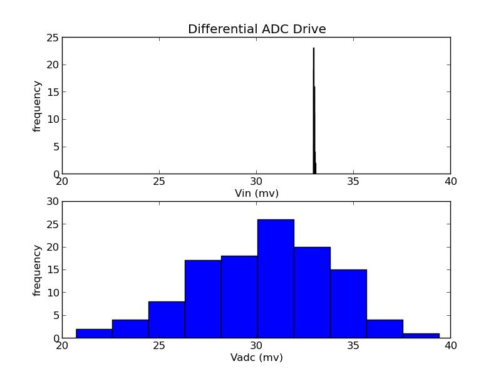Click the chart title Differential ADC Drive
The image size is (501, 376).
click(257, 29)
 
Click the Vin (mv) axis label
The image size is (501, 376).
click(257, 194)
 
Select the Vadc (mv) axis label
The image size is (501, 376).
click(257, 358)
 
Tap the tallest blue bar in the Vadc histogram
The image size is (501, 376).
click(276, 279)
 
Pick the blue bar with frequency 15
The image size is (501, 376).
click(348, 304)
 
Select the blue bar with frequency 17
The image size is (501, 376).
click(203, 300)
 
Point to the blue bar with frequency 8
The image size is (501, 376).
click(167, 320)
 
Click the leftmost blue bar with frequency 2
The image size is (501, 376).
click(94, 333)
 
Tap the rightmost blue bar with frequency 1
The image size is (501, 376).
click(421, 335)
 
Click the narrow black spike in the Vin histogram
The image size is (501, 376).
click(314, 113)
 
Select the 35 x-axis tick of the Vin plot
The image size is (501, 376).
click(353, 182)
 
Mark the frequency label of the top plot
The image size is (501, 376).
click(38, 106)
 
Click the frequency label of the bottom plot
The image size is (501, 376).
click(38, 270)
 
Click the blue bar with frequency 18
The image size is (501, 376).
click(239, 297)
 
